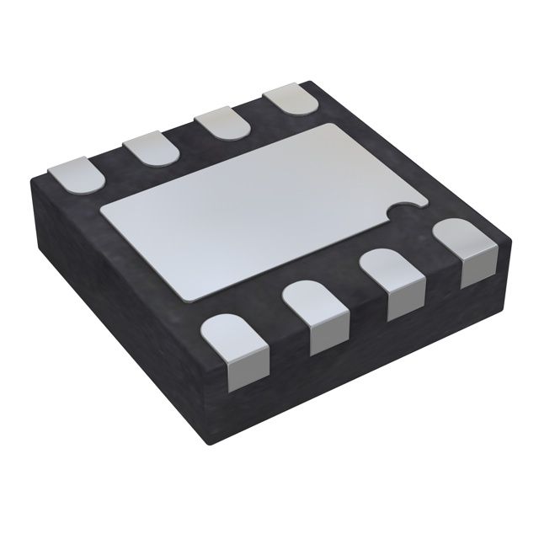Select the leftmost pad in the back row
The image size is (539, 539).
(74, 173)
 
